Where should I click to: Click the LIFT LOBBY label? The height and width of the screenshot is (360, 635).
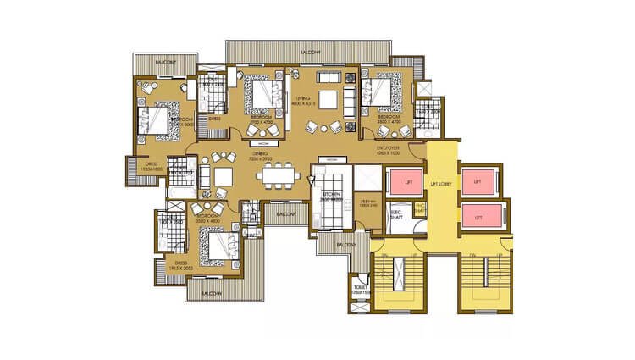coord(440,183)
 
